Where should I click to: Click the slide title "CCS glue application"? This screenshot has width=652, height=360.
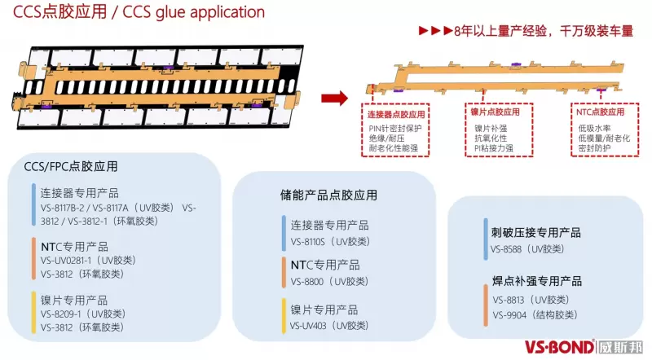pos(134,12)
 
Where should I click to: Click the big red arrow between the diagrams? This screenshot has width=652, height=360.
pos(333,99)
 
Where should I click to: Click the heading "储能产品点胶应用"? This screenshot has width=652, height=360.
pos(323,195)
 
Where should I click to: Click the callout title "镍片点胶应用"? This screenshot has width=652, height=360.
pos(495,112)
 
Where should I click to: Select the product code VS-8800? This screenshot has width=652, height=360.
pos(306,281)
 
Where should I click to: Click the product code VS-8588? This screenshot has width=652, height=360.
pos(510,248)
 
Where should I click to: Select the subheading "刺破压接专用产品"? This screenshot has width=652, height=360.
pos(536,233)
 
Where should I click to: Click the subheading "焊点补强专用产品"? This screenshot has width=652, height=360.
pos(536,282)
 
